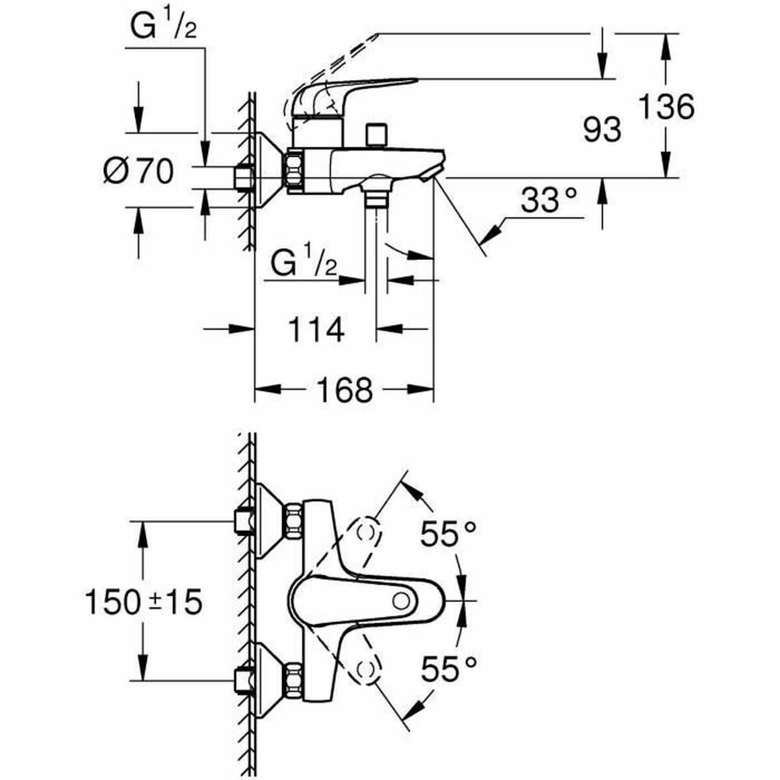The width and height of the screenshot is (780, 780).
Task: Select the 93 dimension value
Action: coord(601,131)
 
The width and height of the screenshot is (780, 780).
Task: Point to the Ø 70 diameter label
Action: coord(138,172)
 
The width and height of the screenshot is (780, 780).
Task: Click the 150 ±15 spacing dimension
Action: coord(144,603)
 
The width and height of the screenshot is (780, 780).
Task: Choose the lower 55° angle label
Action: coord(448,669)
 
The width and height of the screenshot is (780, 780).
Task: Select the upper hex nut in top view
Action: coord(292,521)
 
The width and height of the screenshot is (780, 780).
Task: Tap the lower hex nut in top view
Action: coord(292,680)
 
